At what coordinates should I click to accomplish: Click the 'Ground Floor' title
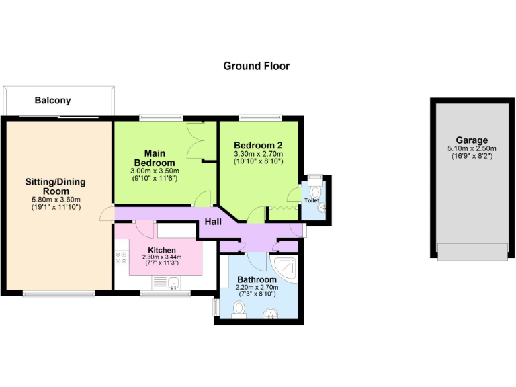tap(256, 66)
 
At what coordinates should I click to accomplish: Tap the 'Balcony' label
tap(52, 101)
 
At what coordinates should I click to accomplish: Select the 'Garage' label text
tap(472, 140)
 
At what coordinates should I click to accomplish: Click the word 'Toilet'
tap(312, 200)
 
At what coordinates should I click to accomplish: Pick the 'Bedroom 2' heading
tap(258, 145)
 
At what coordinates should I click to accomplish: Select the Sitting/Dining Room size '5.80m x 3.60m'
tap(56, 200)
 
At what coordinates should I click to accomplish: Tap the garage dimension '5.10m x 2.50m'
tap(472, 148)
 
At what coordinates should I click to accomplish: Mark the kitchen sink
tap(173, 282)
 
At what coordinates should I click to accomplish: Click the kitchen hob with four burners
tap(122, 257)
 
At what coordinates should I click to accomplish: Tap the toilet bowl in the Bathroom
tap(239, 308)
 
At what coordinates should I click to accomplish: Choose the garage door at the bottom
tap(472, 252)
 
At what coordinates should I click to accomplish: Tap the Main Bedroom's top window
tap(161, 118)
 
